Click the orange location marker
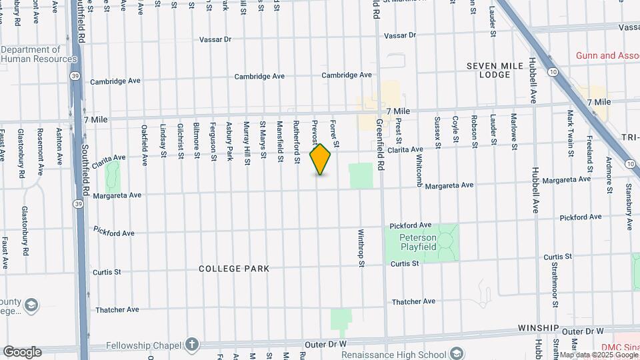coord(321,159)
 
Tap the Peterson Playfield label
coord(418,242)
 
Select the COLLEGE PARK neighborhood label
coord(234,269)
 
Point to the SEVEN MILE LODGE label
coord(497,70)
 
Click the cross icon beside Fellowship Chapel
coord(192,344)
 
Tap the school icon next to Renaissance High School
coord(457,352)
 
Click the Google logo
coord(22,352)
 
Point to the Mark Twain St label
coord(571,133)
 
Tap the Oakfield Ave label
coord(145,144)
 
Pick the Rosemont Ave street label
coord(41,151)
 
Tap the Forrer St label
coord(335,134)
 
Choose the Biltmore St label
coord(197,141)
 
